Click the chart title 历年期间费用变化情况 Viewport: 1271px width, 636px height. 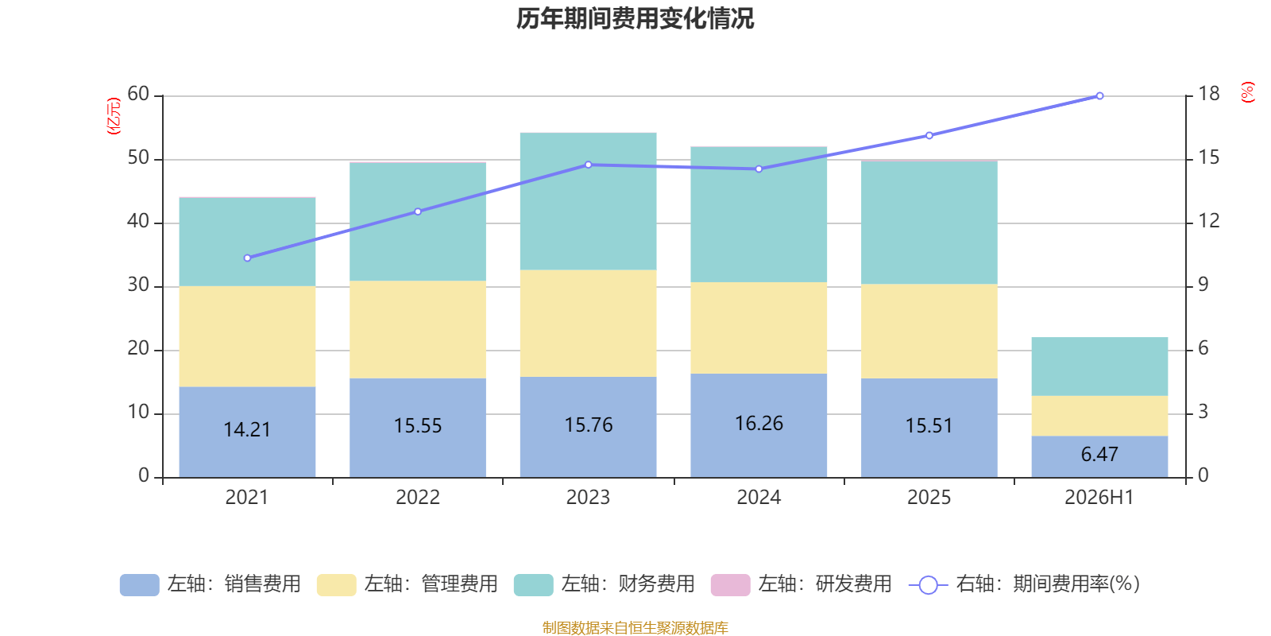pos(635,19)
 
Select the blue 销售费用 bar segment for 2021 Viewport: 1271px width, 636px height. pos(247,432)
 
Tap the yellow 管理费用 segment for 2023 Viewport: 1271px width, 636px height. pos(589,323)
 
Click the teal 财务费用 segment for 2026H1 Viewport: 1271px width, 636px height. pos(1099,366)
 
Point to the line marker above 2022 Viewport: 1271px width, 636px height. pos(418,211)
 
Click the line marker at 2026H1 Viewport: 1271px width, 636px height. pos(1099,96)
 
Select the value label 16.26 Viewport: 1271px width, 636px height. pos(759,424)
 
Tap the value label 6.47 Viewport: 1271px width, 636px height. pos(1099,454)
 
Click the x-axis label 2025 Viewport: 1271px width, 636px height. pos(929,498)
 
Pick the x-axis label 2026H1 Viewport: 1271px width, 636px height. pos(1099,498)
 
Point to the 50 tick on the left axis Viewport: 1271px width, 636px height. pos(138,158)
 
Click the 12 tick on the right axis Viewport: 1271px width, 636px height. pos(1208,221)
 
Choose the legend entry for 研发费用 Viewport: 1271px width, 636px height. pos(802,584)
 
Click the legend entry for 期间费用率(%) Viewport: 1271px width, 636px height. pos(1024,584)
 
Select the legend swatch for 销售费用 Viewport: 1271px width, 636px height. pos(140,585)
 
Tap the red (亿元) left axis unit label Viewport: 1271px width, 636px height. pos(114,116)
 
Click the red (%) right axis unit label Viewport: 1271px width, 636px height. pos(1247,92)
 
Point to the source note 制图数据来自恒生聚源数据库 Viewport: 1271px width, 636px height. pos(635,627)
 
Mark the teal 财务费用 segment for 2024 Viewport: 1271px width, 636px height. pos(759,215)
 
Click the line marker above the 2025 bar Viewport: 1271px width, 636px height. pos(929,136)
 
